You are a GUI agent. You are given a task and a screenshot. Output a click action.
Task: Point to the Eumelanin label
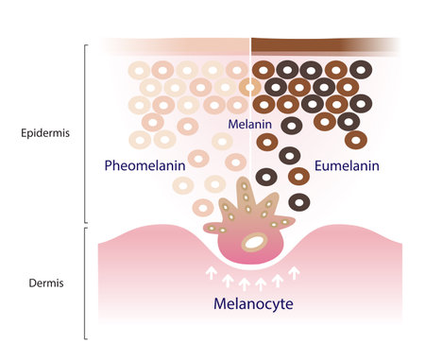tap(347, 165)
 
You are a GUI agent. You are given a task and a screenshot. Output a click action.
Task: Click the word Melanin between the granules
tap(248, 125)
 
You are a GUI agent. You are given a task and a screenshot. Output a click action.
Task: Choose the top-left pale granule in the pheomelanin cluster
tap(138, 70)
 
